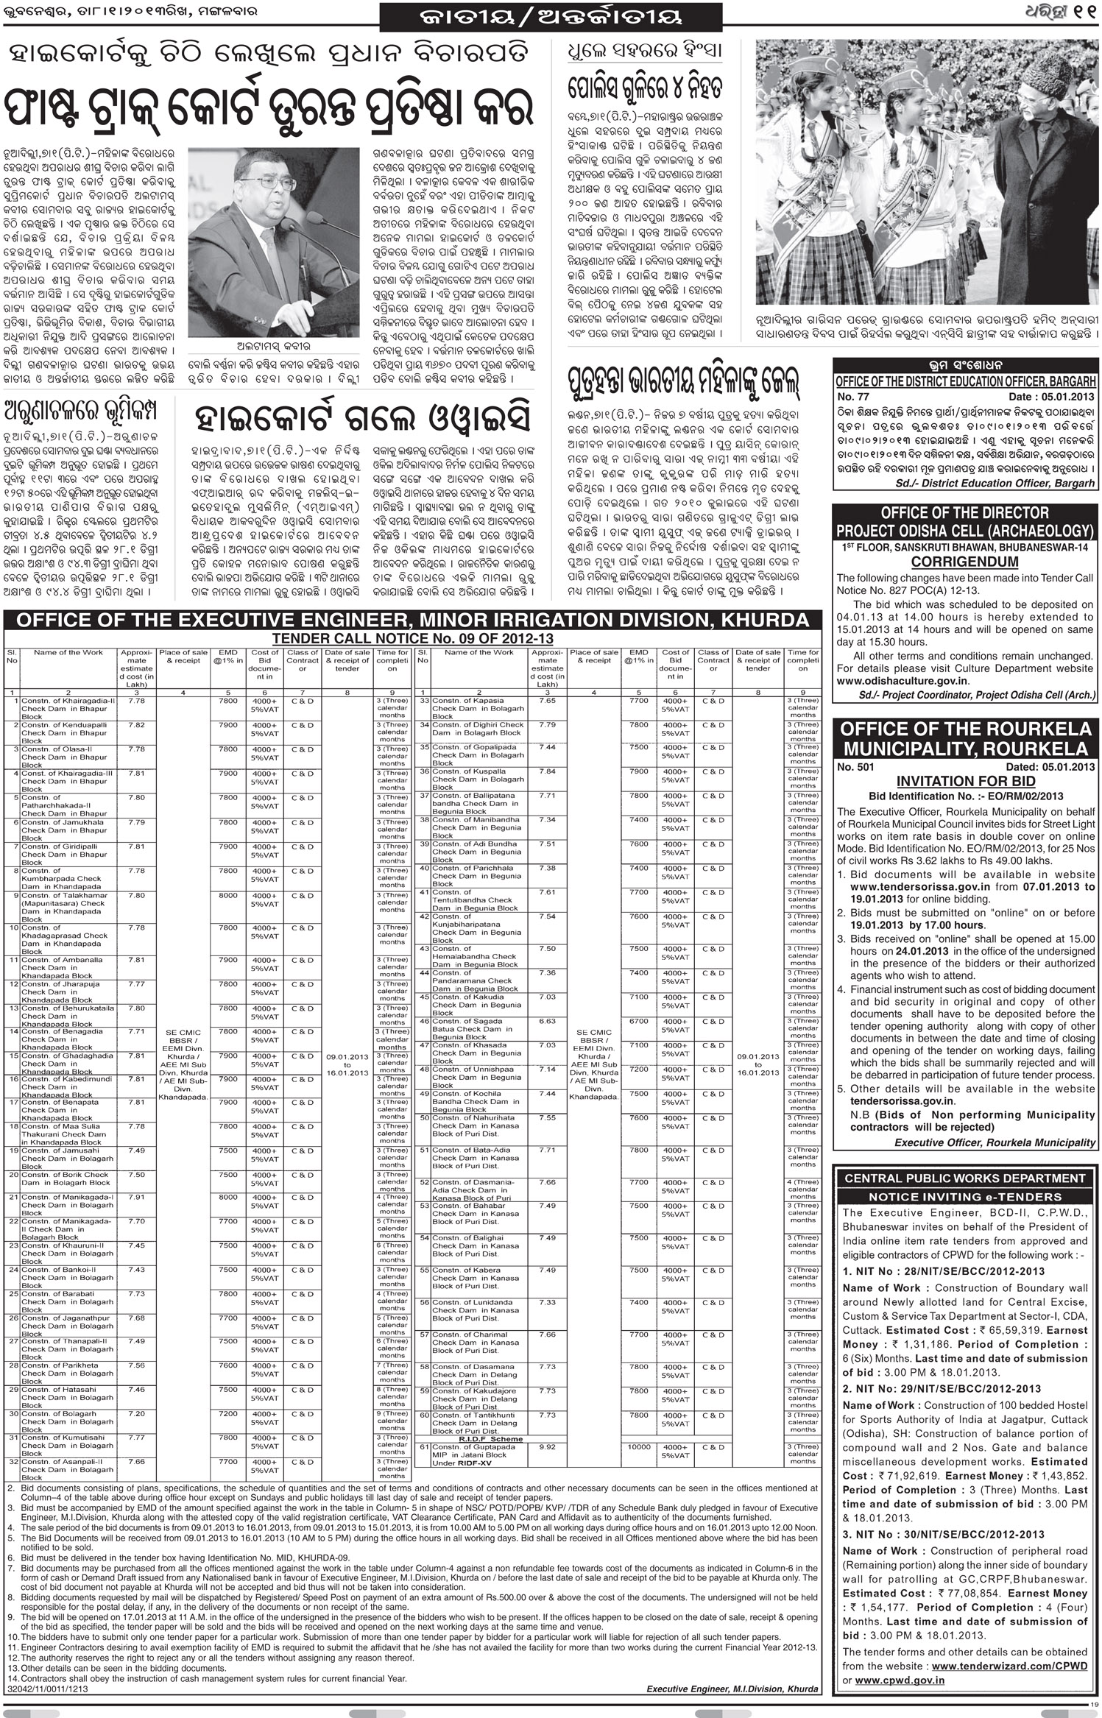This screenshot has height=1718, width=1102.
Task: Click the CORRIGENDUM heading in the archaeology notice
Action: pos(965,562)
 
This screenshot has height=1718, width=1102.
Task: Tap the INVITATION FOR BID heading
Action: pos(966,781)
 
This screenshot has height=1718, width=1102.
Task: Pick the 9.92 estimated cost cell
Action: pos(547,1446)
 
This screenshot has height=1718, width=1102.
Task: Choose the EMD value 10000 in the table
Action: pos(637,1446)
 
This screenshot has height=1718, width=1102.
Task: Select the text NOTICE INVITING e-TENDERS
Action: pos(965,1197)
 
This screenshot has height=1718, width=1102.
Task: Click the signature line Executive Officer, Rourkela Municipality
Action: pos(995,1142)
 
